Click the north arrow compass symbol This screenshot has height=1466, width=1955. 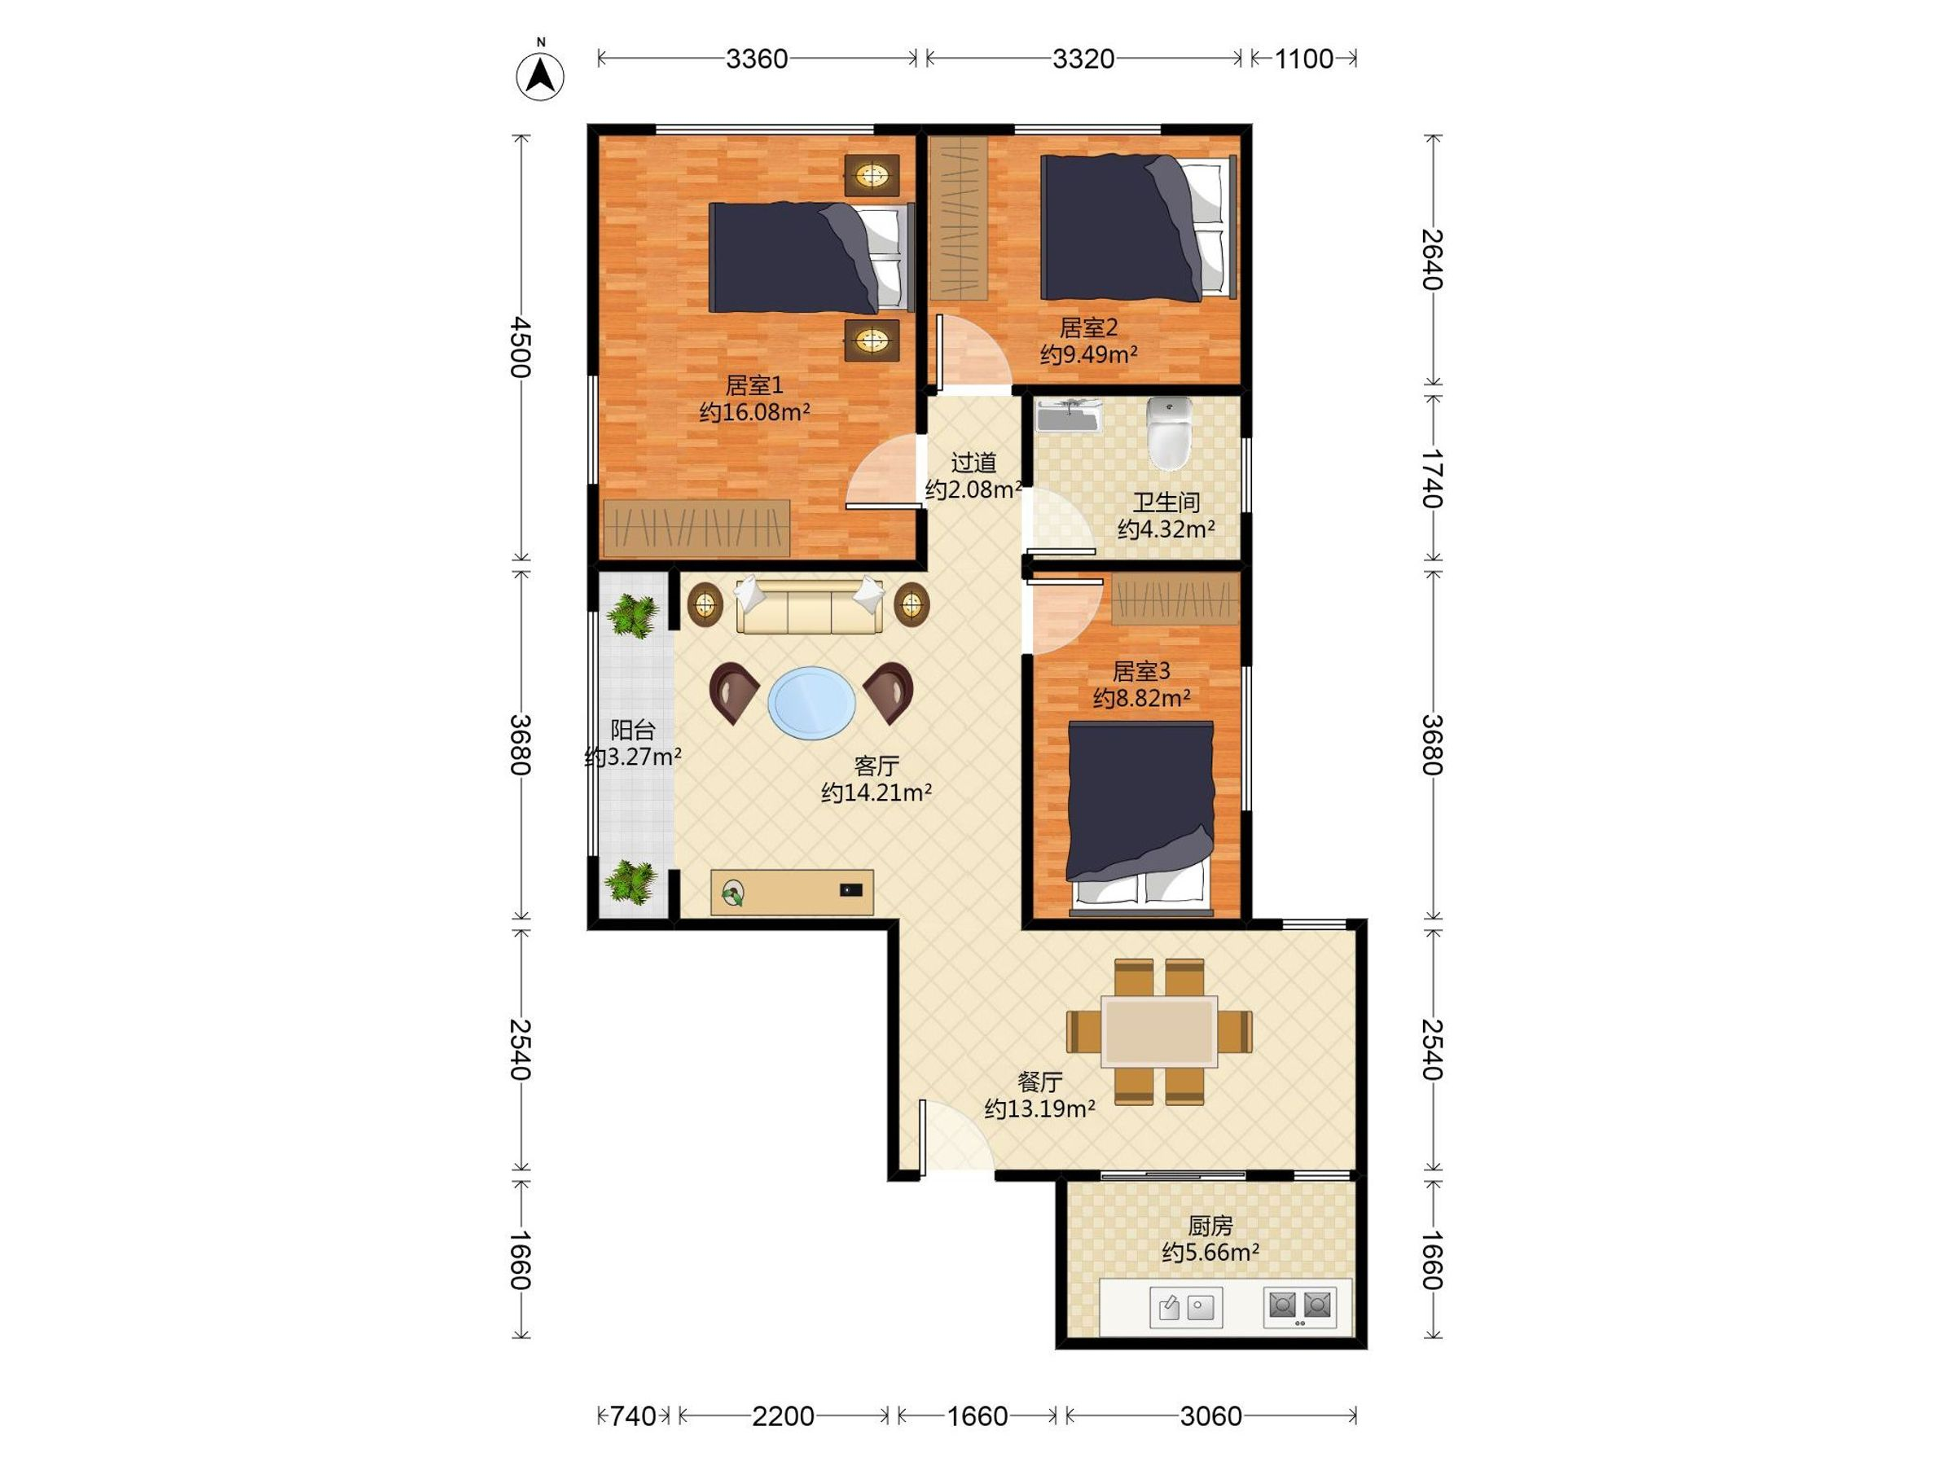click(x=539, y=75)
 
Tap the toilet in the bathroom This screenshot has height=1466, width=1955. click(x=1169, y=432)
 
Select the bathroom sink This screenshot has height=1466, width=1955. click(x=1070, y=415)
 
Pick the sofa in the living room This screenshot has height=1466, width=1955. click(x=810, y=605)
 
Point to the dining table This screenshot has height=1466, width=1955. click(x=1158, y=1031)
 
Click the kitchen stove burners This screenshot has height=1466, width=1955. click(x=1299, y=1306)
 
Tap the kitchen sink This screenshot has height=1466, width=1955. click(x=1186, y=1307)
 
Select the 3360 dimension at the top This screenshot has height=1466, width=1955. click(x=757, y=59)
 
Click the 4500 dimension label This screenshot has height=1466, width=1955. click(x=521, y=347)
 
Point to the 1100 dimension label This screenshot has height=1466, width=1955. click(x=1303, y=59)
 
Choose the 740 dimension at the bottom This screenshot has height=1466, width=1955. click(x=633, y=1416)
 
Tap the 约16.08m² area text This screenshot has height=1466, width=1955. click(x=755, y=412)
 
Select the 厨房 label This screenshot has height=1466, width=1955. click(x=1210, y=1226)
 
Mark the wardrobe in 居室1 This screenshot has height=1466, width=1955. click(x=696, y=529)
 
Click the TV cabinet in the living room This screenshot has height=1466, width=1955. click(x=792, y=893)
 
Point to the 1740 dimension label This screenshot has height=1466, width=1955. click(x=1433, y=478)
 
